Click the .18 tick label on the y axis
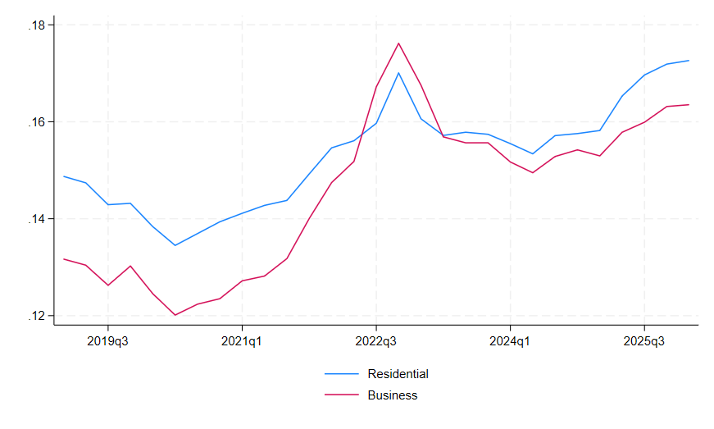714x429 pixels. (35, 25)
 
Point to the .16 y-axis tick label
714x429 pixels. (35, 122)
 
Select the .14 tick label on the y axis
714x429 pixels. (35, 219)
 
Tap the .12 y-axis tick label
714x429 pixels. (35, 316)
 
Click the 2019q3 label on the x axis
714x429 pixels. (108, 340)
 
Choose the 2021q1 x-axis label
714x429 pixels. (242, 340)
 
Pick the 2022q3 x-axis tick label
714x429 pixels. (376, 340)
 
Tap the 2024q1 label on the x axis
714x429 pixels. (510, 340)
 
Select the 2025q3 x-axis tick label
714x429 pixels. (644, 340)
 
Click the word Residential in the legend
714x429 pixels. (398, 374)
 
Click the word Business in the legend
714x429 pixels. (393, 395)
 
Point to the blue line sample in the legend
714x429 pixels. (342, 374)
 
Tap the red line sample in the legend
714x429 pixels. (342, 395)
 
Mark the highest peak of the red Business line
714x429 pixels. (398, 43)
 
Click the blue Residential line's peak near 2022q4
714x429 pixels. (398, 72)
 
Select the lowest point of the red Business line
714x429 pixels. (175, 315)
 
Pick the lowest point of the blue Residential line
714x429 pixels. (175, 245)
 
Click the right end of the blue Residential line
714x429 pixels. (689, 60)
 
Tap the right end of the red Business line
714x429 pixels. (689, 104)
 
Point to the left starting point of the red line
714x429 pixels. (64, 258)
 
